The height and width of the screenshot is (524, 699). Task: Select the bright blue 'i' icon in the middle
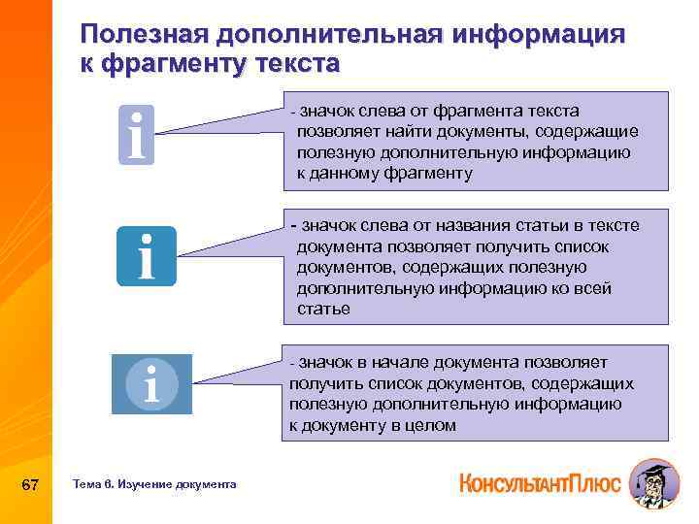click(x=147, y=255)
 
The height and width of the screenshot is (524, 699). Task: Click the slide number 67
click(x=29, y=483)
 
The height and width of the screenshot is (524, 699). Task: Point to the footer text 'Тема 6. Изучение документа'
click(x=154, y=483)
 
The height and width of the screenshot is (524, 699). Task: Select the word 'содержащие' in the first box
click(x=592, y=131)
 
